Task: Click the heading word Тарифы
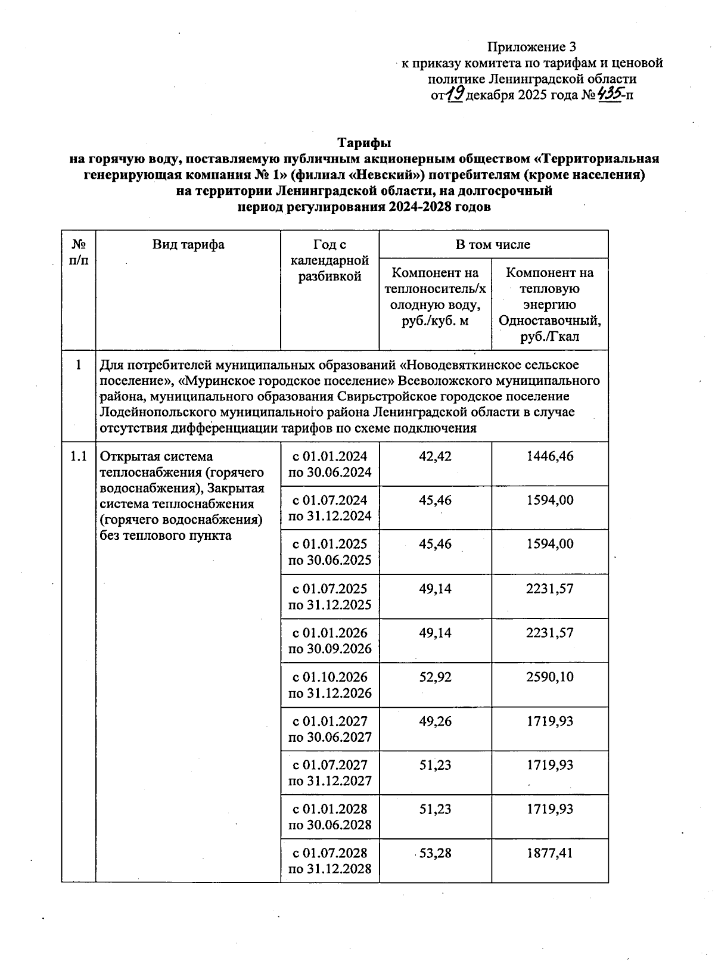364,143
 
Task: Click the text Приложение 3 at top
531,47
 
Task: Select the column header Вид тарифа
188,244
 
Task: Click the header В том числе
493,244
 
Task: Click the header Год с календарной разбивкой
329,260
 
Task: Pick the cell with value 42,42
435,456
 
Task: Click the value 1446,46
549,456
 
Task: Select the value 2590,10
549,677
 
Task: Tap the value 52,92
435,677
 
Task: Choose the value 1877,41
549,853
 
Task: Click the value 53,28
435,853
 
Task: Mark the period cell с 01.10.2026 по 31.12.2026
329,685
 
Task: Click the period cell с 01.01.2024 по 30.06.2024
329,464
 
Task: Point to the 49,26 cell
435,721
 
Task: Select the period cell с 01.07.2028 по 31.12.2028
329,860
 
